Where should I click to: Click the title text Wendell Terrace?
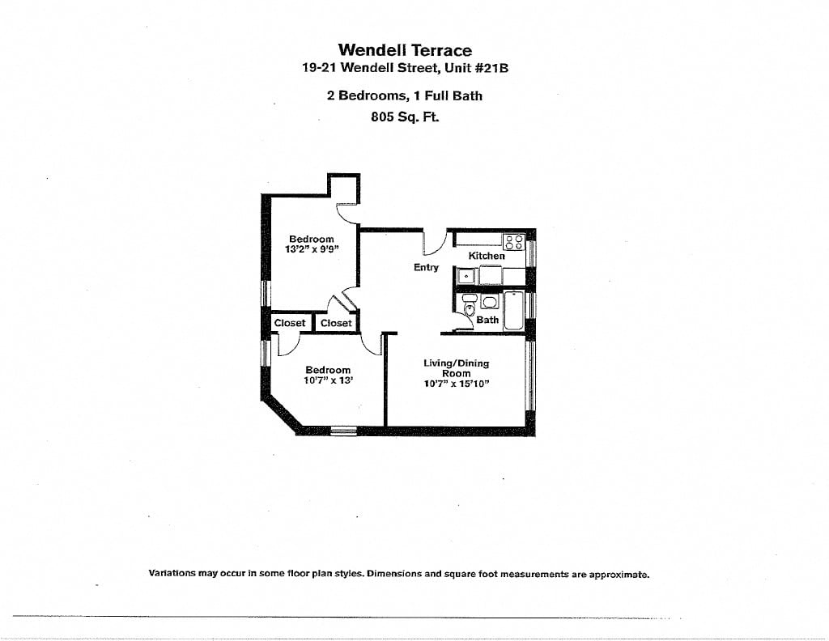click(404, 50)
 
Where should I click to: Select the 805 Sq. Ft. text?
click(404, 116)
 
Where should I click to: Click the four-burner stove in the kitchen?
click(512, 241)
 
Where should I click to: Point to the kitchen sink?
click(466, 276)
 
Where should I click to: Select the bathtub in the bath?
click(513, 311)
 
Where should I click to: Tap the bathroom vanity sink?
click(490, 302)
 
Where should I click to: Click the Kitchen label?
click(487, 256)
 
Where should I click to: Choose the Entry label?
click(426, 267)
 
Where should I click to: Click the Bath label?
click(487, 320)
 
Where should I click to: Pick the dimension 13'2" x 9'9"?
click(311, 249)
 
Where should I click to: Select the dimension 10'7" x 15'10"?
click(456, 384)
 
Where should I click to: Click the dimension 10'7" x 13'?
click(328, 380)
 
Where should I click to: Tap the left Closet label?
click(290, 323)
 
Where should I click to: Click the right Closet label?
click(336, 323)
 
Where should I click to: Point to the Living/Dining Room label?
click(456, 368)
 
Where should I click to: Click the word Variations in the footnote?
click(172, 574)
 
